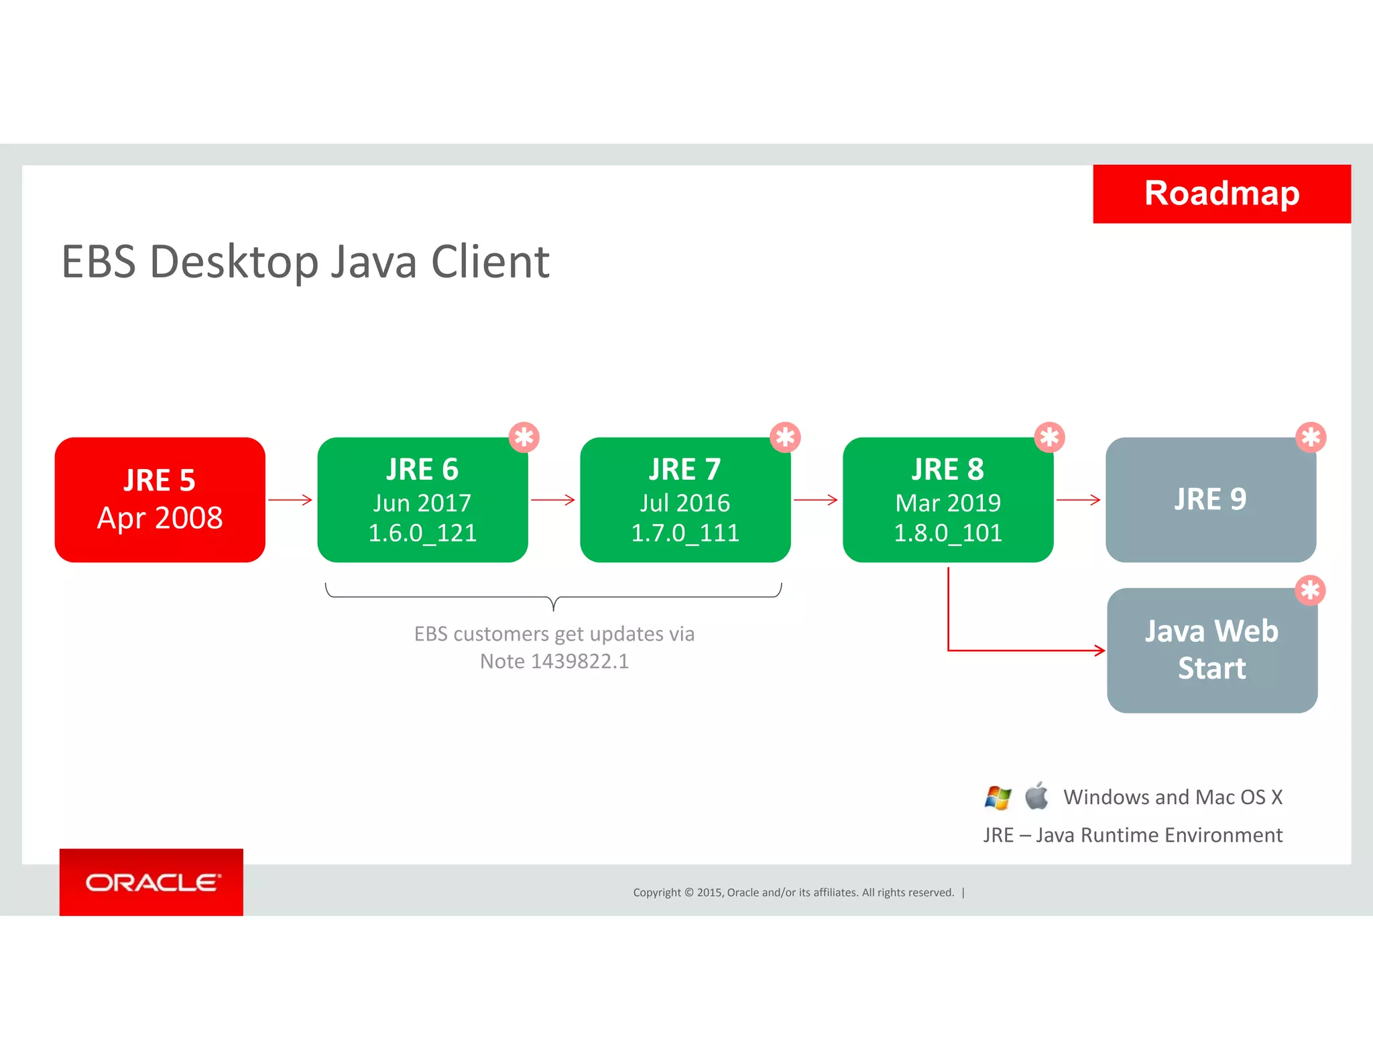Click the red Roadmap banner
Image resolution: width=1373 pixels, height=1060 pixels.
(1221, 194)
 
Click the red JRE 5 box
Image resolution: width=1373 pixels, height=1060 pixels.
(160, 499)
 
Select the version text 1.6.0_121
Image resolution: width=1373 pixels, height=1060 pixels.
(422, 533)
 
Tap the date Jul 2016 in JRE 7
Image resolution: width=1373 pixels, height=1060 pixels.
(684, 503)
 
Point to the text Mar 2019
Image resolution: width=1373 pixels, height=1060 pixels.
(947, 503)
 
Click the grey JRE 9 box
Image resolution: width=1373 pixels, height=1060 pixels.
(1210, 500)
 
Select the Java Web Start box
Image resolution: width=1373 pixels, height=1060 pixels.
(1211, 650)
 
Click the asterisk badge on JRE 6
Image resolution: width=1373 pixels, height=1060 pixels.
(524, 438)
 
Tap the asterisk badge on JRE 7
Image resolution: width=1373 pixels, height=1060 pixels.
(785, 438)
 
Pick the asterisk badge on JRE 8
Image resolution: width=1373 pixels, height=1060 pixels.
(1049, 438)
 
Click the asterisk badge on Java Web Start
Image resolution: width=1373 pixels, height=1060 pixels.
(1310, 590)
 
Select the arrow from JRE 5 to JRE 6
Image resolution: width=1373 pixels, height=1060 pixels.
(290, 500)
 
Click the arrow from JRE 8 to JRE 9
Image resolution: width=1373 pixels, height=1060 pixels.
(1078, 500)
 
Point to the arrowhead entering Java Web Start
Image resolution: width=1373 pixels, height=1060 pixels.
(1099, 650)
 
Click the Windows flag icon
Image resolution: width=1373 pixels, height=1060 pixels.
(998, 797)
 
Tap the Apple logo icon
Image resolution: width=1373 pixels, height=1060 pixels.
(1036, 796)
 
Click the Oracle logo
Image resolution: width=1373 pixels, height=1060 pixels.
(152, 882)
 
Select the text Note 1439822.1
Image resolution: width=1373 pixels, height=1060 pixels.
(554, 661)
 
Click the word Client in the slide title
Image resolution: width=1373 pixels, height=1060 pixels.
(490, 262)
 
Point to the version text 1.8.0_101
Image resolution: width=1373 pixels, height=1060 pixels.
(947, 533)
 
